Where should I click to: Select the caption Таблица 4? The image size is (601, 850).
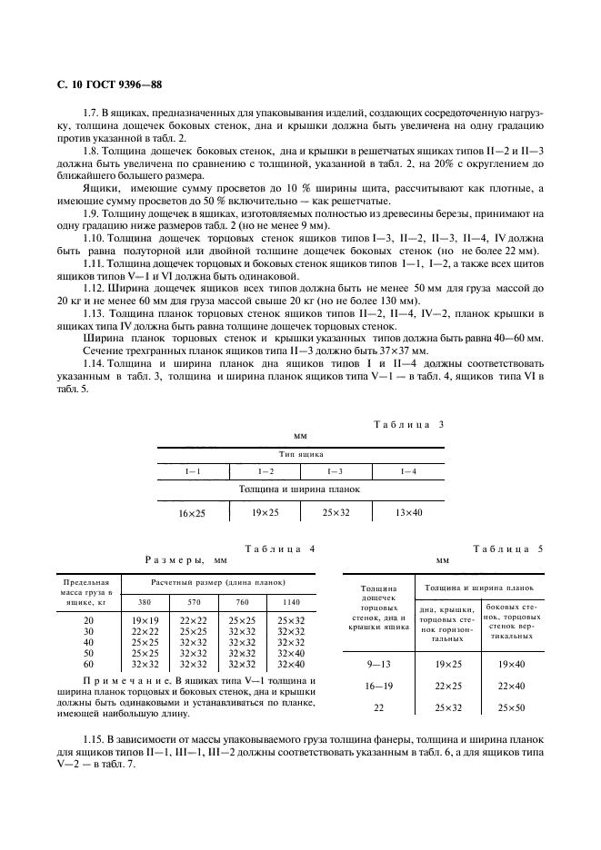280,549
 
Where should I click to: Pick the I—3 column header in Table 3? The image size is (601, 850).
335,470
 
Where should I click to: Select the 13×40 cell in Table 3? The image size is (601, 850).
410,513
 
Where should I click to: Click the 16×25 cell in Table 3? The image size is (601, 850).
192,513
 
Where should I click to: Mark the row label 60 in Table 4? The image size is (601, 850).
88,663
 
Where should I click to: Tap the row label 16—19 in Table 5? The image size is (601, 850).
378,685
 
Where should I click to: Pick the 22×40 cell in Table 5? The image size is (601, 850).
513,685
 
